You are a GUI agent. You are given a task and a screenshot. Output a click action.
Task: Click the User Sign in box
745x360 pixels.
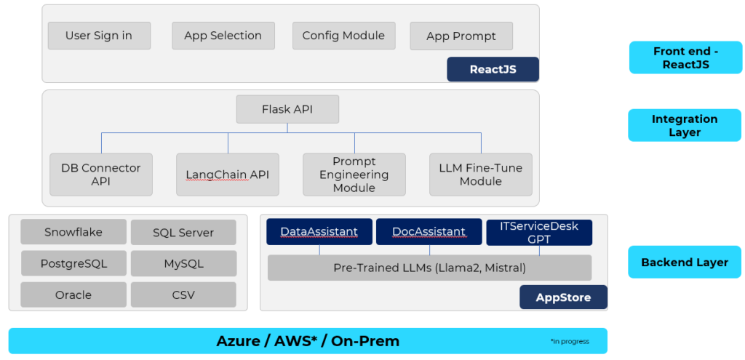click(99, 36)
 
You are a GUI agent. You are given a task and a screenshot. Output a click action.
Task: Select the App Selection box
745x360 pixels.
click(223, 36)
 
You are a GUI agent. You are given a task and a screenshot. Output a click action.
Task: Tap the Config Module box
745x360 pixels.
click(343, 36)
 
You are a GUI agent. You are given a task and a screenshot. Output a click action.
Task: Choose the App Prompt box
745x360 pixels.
click(461, 36)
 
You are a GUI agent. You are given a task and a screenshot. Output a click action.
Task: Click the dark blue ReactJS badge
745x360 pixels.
click(493, 69)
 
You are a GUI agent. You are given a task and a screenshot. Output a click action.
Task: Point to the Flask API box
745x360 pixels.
click(287, 110)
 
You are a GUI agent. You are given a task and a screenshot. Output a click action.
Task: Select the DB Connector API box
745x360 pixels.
click(101, 175)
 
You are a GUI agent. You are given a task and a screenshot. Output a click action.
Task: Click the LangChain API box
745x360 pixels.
click(227, 175)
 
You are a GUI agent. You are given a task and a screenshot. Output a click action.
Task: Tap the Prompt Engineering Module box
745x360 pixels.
click(354, 175)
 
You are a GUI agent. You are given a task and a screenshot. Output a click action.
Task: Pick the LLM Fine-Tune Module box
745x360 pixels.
click(480, 175)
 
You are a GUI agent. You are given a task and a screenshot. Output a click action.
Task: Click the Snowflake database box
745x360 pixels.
click(73, 233)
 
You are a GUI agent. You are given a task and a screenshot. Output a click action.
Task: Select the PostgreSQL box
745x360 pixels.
click(73, 263)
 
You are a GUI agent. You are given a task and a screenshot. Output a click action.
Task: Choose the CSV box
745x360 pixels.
click(183, 295)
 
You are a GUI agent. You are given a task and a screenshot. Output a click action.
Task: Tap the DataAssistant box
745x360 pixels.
click(319, 232)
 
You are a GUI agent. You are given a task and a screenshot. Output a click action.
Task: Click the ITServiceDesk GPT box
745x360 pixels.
click(539, 232)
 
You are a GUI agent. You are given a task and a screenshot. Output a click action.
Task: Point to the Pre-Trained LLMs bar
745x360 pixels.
click(429, 268)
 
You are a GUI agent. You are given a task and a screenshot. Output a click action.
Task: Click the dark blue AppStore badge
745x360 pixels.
click(563, 297)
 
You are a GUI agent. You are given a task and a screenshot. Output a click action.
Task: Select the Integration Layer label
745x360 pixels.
click(685, 125)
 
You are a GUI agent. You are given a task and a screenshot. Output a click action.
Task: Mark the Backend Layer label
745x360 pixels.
click(685, 263)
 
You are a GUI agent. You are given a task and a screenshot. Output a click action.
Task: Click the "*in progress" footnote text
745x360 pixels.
click(570, 341)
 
